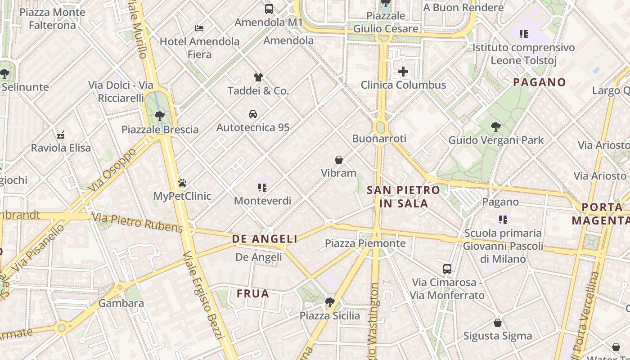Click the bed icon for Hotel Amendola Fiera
[x=199, y=28]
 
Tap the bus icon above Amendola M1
[x=269, y=9]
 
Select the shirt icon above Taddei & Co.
[x=258, y=77]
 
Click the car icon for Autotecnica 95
[x=253, y=114]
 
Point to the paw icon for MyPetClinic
[x=182, y=183]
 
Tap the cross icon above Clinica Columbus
[x=403, y=72]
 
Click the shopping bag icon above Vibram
[x=339, y=160]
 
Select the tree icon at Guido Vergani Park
[x=496, y=127]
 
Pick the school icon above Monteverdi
[x=262, y=187]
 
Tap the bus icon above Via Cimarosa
[x=447, y=269]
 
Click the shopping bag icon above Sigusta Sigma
[x=498, y=323]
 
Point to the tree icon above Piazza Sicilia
[x=330, y=302]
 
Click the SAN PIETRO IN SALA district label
[x=403, y=197]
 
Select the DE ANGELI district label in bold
[x=265, y=239]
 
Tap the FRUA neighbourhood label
[x=253, y=294]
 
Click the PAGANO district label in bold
[x=539, y=82]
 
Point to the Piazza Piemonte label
[x=365, y=243]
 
